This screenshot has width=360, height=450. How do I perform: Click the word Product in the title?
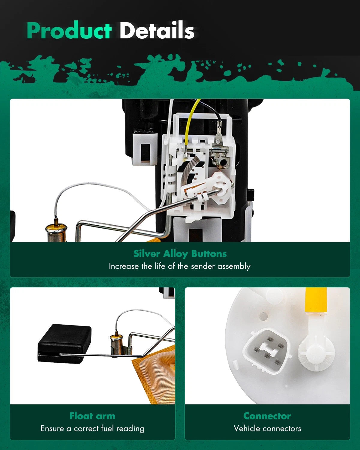69,30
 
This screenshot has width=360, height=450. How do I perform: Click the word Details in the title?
157,30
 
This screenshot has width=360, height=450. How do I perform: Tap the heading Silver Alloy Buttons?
180,254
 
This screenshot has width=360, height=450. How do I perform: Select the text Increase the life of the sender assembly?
180,266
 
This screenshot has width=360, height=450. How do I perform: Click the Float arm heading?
92,416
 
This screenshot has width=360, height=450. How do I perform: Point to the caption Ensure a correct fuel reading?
92,428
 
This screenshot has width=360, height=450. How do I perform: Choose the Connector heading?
267,416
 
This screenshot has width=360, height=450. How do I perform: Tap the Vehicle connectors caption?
267,428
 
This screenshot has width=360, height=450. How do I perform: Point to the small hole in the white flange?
263,316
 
